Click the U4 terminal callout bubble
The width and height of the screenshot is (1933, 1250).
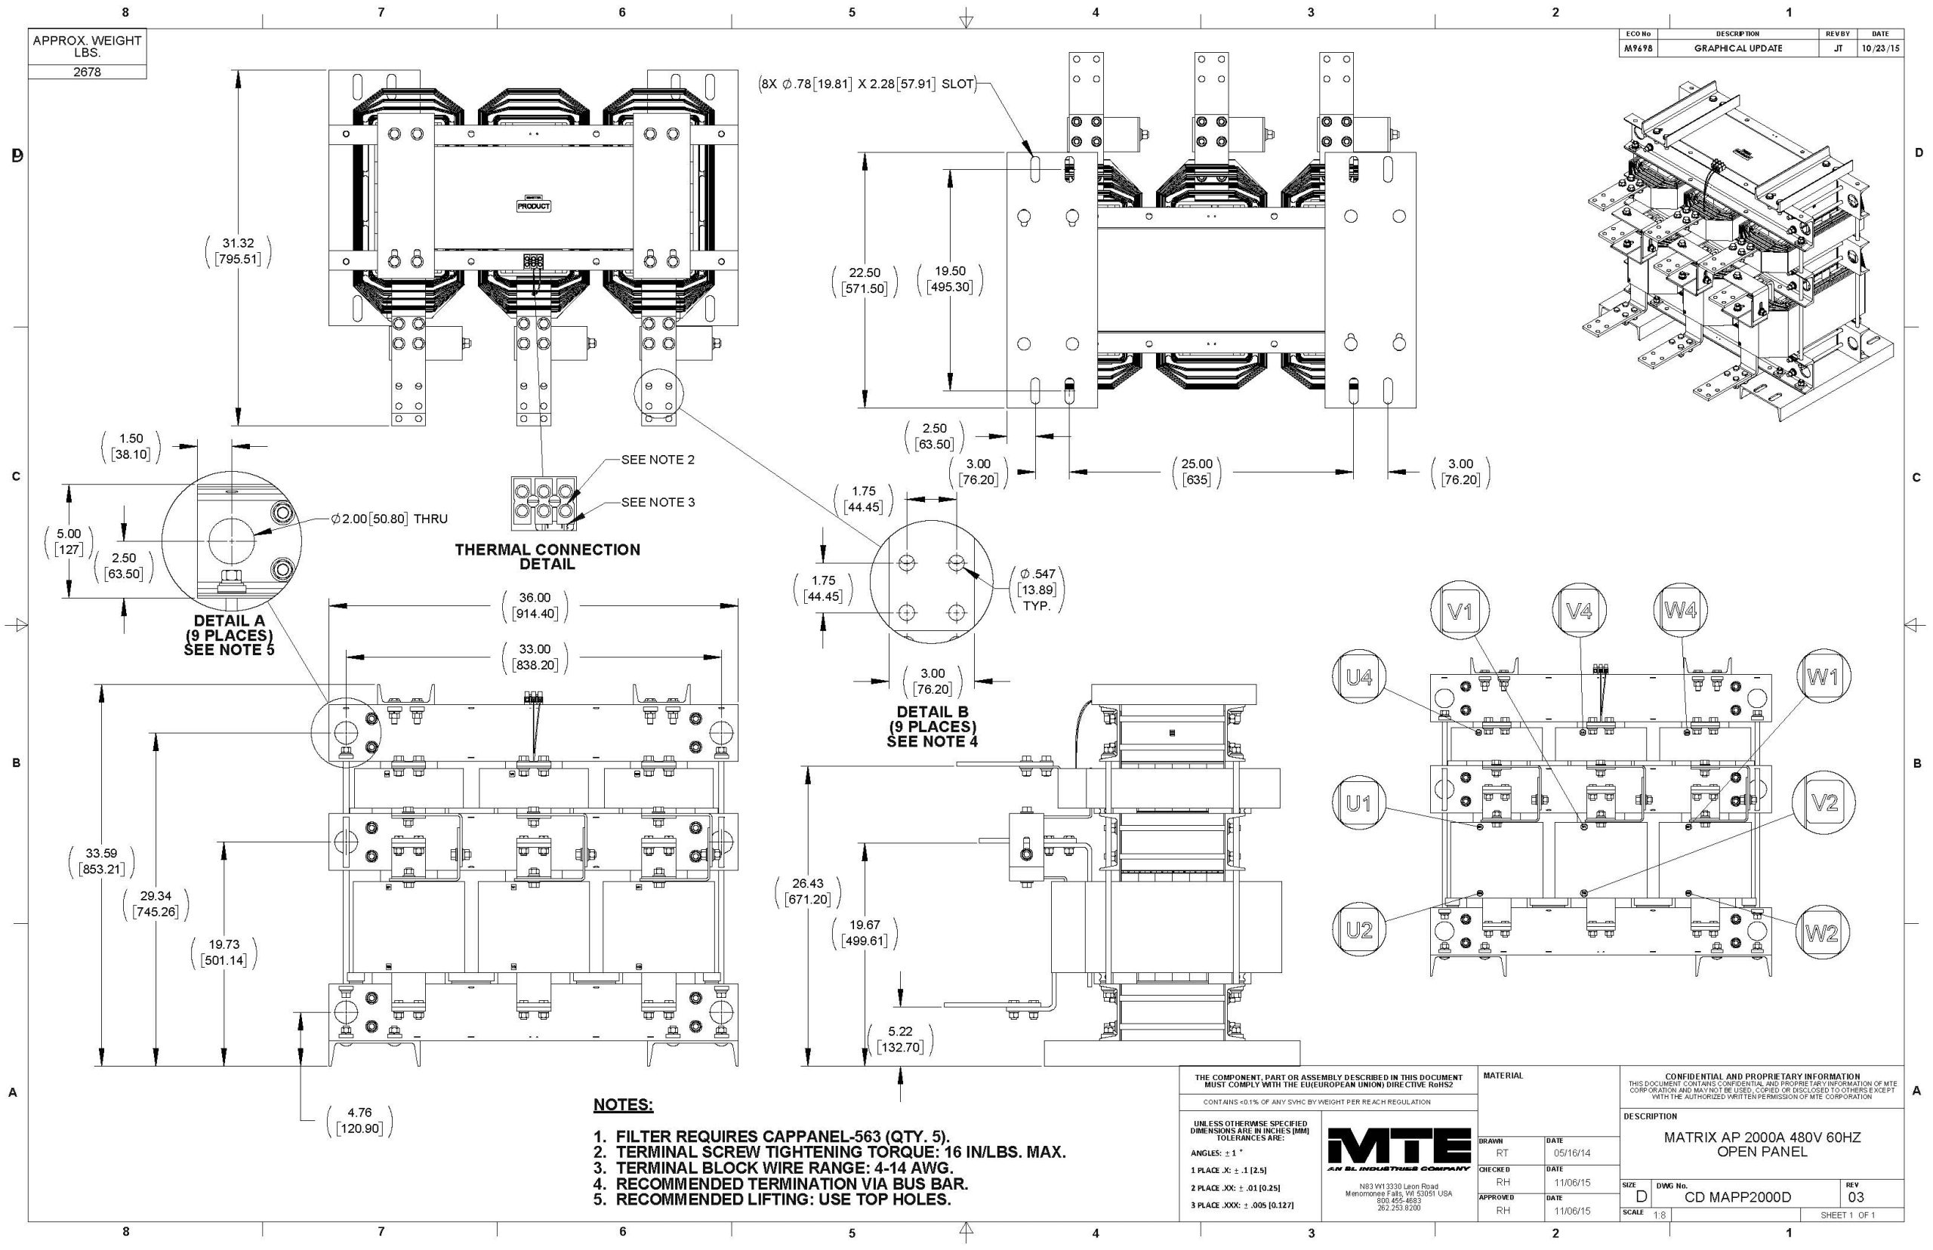pos(1359,677)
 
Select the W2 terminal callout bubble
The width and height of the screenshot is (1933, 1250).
pos(1822,933)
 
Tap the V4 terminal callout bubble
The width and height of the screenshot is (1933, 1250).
pos(1578,611)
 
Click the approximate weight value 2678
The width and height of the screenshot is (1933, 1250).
pos(87,72)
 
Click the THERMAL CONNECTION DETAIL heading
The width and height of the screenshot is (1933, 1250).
pos(547,556)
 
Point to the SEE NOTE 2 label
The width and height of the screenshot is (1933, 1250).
pos(658,460)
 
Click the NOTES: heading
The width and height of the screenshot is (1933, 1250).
pos(623,1105)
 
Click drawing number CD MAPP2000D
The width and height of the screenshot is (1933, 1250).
pos(1737,1197)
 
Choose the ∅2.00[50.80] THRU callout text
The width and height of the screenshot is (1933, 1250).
pos(389,519)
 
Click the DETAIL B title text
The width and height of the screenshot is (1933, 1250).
pos(932,712)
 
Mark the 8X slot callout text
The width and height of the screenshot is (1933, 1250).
pos(866,84)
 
